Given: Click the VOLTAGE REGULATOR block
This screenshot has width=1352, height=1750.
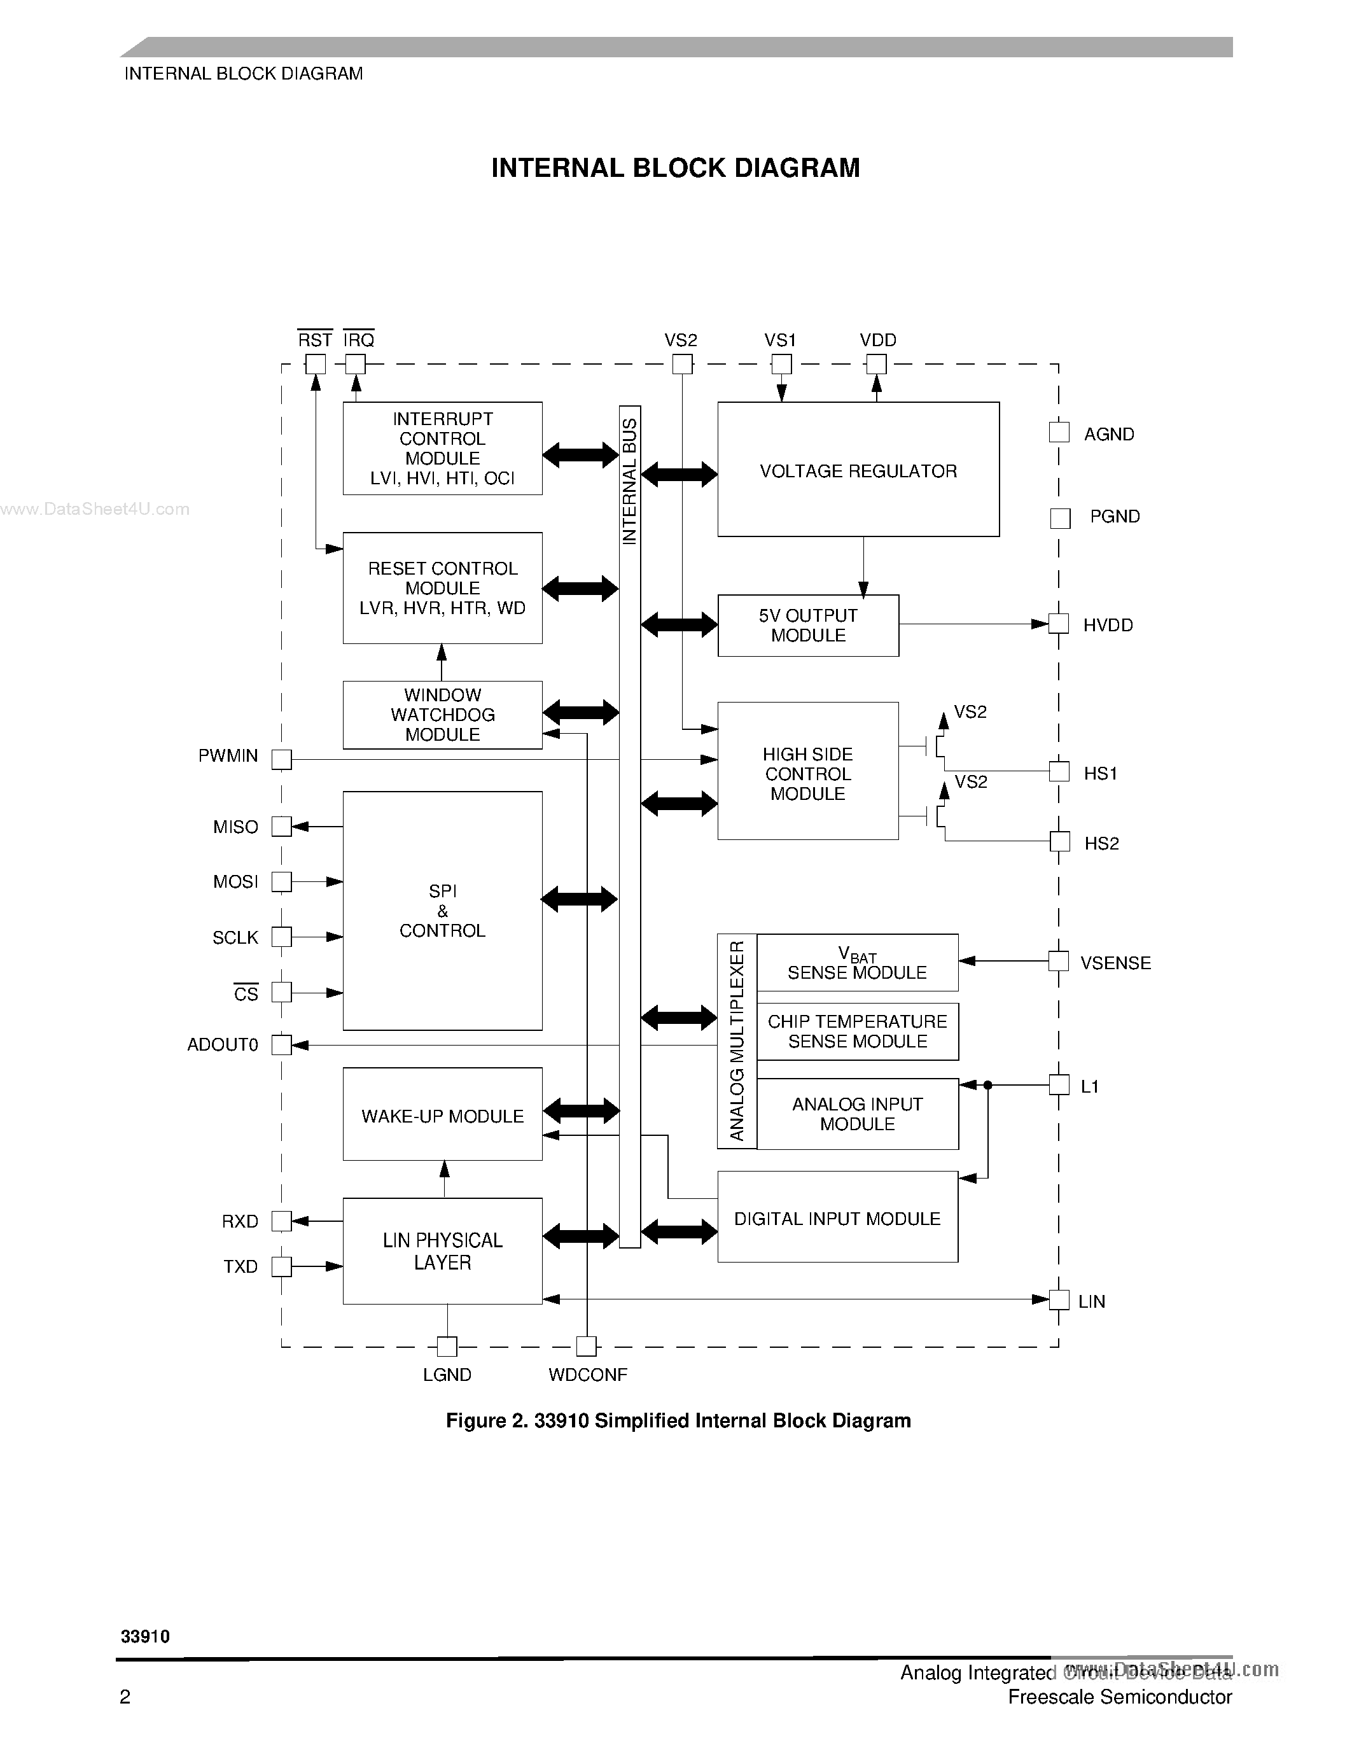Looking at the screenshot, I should click(858, 470).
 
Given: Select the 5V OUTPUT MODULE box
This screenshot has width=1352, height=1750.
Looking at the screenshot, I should click(807, 625).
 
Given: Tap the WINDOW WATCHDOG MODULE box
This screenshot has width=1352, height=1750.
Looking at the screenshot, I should click(442, 715).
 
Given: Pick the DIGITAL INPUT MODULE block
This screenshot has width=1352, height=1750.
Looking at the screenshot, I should click(837, 1218).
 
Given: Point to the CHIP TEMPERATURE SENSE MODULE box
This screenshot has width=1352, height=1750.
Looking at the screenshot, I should click(857, 1032).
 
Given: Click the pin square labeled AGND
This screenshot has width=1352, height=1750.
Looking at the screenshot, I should click(1059, 433).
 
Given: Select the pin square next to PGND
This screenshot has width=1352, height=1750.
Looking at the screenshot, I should click(1060, 519).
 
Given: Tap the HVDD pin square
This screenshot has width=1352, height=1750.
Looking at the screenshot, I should click(1059, 624).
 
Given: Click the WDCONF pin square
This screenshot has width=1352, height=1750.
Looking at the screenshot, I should click(587, 1346).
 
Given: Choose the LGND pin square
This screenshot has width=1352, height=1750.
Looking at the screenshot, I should click(447, 1346).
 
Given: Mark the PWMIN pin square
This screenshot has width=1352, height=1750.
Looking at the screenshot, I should click(281, 759).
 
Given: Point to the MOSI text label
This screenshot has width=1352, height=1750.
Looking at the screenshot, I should click(235, 882).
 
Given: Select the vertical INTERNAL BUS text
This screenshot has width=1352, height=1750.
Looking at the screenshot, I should click(629, 480).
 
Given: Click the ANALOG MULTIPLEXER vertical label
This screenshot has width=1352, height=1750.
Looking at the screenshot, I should click(737, 1040).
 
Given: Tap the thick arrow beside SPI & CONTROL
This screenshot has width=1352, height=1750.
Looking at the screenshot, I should click(579, 900).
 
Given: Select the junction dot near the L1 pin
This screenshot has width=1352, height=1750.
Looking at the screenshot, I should click(987, 1085).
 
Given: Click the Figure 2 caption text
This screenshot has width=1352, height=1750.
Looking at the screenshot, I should click(678, 1420).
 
